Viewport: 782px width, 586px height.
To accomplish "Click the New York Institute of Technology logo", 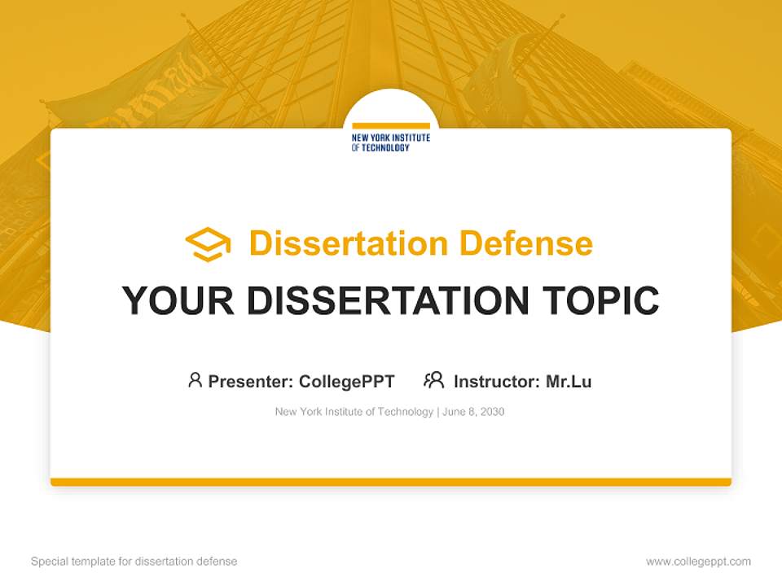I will tap(390, 140).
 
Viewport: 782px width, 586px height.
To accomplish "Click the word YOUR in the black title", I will tap(178, 301).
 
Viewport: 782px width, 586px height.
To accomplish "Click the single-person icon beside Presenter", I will tap(195, 380).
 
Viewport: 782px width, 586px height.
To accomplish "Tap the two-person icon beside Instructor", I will tap(433, 380).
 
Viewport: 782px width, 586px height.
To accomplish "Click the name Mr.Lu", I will tap(569, 381).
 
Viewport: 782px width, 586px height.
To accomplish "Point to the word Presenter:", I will tap(251, 381).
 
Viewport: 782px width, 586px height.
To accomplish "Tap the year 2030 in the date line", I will tap(492, 412).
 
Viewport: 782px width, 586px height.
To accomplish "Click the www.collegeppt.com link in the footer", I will tap(698, 562).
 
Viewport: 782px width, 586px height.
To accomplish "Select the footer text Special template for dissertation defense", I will tap(134, 562).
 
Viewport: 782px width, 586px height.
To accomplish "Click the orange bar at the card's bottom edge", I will tap(391, 482).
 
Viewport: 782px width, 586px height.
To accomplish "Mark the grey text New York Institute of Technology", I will tap(354, 412).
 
